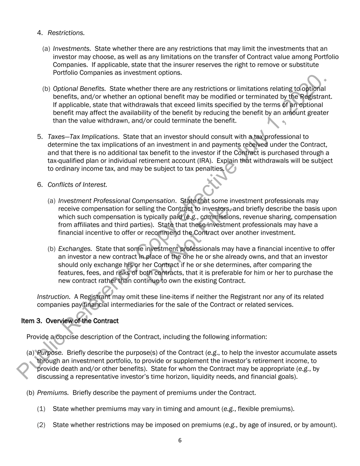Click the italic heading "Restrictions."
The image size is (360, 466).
(x=66, y=33)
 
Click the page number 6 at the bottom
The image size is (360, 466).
(x=180, y=440)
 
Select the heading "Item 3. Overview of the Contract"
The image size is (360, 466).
(x=70, y=321)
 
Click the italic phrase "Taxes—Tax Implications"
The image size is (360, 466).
(x=83, y=137)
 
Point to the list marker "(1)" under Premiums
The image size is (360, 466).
(x=41, y=409)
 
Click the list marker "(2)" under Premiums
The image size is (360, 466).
(x=41, y=425)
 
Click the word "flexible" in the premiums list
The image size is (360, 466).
(x=245, y=409)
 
